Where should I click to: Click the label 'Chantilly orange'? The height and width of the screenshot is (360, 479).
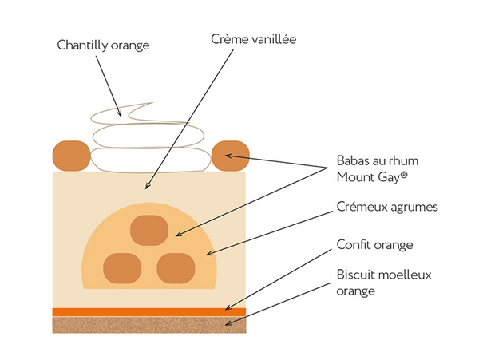(x=103, y=45)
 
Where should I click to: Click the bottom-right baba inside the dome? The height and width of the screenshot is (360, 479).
(x=176, y=267)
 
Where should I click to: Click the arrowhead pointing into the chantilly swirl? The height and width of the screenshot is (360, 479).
(x=121, y=114)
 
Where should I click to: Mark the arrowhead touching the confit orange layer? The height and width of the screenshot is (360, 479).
(x=228, y=309)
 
